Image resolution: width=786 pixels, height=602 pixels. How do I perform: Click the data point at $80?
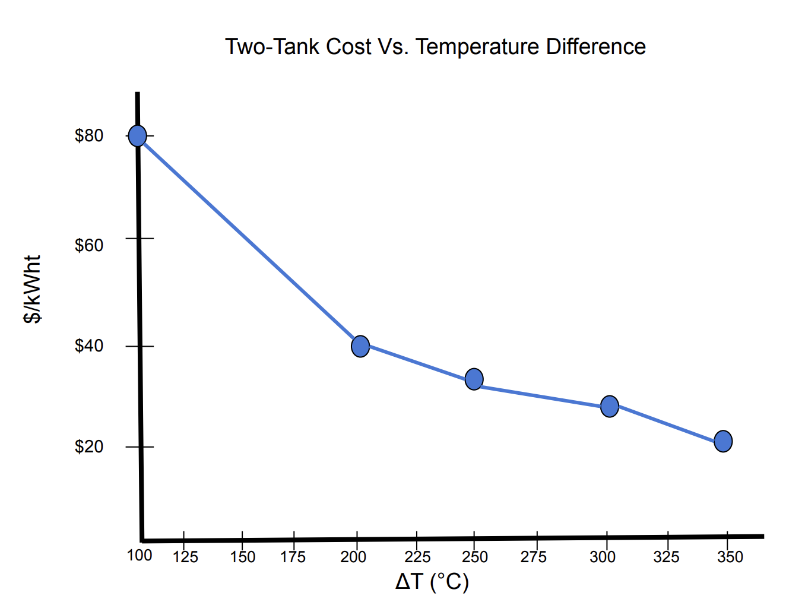137,136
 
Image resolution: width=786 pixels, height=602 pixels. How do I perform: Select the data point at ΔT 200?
360,346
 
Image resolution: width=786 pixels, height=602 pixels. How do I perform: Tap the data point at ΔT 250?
474,379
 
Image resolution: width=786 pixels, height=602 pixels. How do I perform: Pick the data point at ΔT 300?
610,407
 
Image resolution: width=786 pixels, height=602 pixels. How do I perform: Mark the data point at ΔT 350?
723,441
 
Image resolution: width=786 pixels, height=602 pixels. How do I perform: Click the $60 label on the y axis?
89,245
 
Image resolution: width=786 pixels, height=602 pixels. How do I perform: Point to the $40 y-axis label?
89,346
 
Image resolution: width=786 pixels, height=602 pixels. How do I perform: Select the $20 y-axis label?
89,446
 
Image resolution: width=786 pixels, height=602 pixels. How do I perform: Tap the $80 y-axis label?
89,135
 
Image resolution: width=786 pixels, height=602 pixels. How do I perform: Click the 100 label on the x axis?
140,555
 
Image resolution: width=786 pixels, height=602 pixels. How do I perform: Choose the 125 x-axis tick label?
185,557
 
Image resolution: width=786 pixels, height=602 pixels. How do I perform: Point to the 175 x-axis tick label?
293,557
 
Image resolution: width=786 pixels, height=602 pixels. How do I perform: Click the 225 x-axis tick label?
417,557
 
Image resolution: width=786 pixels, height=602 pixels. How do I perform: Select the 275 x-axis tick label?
534,557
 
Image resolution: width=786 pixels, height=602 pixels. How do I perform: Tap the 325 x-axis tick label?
666,557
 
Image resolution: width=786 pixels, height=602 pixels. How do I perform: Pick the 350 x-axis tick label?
730,557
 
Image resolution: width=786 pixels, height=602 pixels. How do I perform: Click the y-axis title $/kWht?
33,289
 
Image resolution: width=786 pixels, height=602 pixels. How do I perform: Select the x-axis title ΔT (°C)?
432,582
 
